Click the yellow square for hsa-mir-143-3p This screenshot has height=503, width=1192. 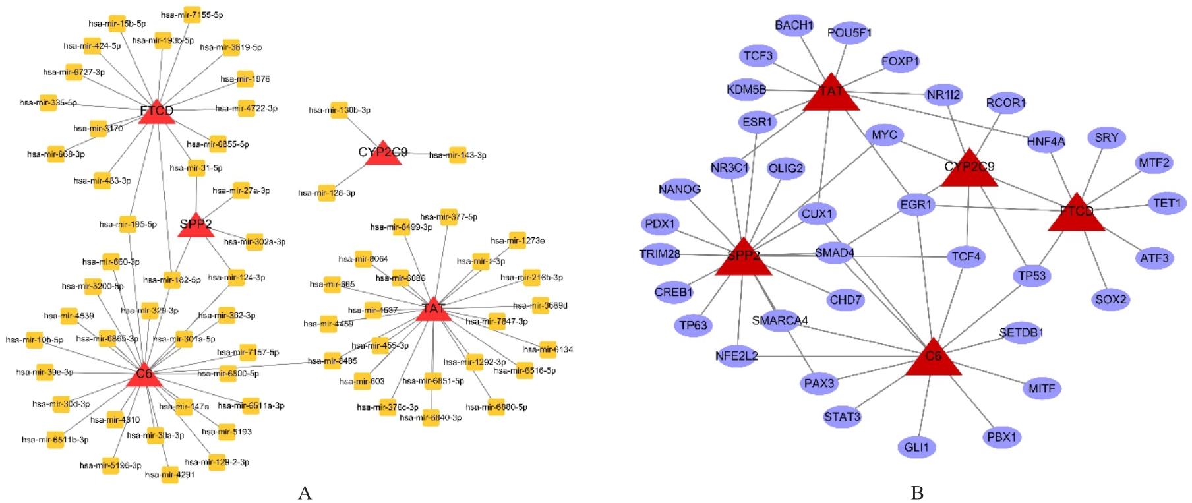click(457, 155)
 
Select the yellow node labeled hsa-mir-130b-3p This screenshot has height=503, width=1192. click(338, 110)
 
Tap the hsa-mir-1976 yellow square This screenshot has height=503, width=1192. click(245, 79)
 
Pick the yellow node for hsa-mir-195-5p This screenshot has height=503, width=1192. click(127, 224)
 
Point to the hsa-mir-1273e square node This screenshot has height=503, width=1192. click(518, 241)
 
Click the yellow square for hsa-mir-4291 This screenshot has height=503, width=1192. click(170, 475)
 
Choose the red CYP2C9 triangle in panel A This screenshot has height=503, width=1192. click(383, 155)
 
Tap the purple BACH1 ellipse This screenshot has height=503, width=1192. click(794, 26)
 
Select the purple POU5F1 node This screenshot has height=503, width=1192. click(849, 32)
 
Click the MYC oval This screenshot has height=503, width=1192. click(884, 135)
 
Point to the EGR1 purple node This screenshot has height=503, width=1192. click(916, 204)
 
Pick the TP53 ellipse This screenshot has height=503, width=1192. click(1031, 276)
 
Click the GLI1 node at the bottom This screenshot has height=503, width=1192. click(916, 447)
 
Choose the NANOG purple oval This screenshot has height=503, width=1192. click(679, 189)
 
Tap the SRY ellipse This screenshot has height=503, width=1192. click(1106, 138)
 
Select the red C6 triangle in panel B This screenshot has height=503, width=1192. click(933, 359)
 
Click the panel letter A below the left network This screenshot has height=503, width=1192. click(305, 492)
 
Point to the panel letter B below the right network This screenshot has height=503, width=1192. click(916, 492)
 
